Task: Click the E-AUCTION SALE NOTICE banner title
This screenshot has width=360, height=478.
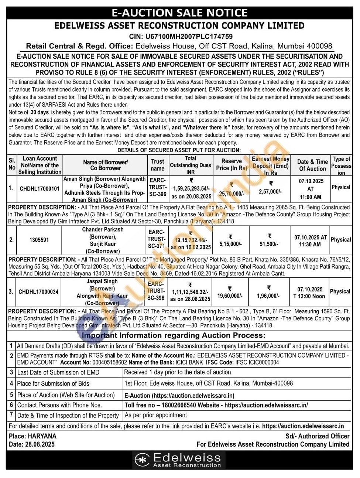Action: click(179, 13)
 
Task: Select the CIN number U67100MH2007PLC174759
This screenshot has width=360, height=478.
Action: click(196, 37)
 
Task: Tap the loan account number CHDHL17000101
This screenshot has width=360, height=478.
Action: click(40, 188)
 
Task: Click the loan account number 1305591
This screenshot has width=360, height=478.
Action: click(39, 240)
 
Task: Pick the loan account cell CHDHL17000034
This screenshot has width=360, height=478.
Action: click(38, 291)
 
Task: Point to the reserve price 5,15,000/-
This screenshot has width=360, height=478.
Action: click(231, 244)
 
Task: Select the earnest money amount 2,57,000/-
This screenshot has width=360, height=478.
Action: click(270, 191)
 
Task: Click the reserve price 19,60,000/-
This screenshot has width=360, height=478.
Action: click(230, 296)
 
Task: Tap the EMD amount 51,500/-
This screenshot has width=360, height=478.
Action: click(269, 244)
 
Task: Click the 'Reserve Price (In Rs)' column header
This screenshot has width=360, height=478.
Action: click(232, 164)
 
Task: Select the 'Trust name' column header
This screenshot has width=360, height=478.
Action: click(158, 165)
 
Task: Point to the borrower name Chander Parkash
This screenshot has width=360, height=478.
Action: click(103, 229)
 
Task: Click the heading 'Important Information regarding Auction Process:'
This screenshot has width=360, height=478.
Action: click(174, 335)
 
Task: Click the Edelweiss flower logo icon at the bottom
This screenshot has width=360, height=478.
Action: click(142, 460)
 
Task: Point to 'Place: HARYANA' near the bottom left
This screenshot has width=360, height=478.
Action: click(32, 436)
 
